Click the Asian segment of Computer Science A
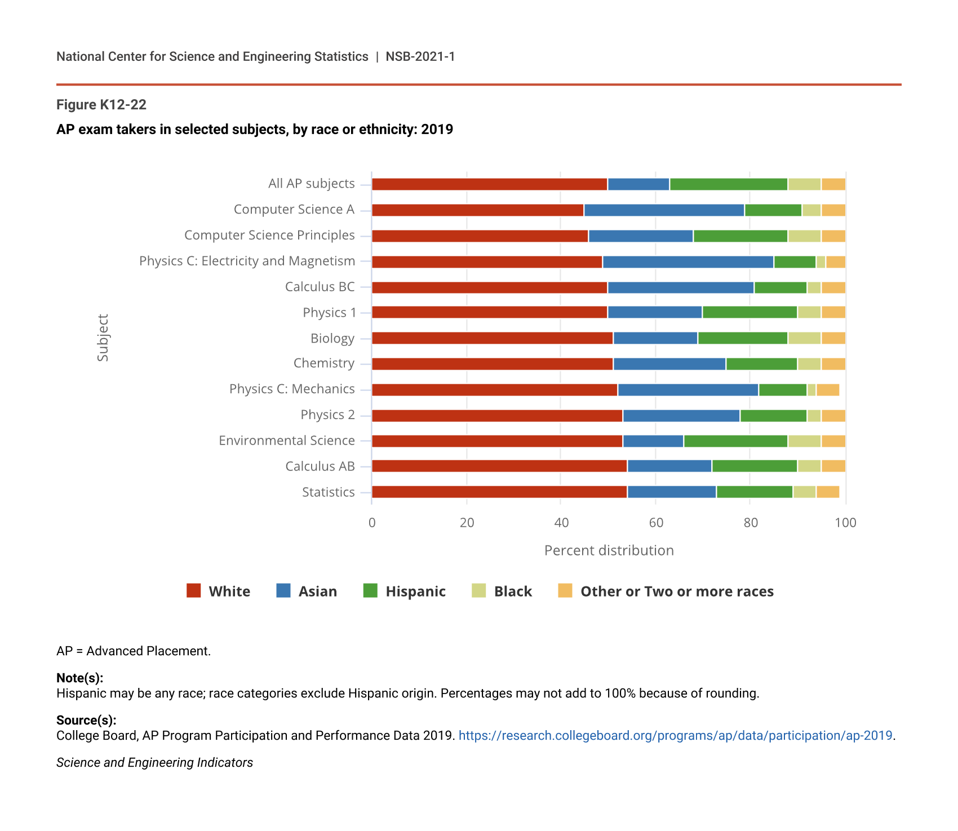tap(664, 210)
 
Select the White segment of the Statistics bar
tap(499, 492)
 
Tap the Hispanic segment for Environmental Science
tap(735, 441)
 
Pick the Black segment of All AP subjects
tap(804, 184)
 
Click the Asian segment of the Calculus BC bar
tap(681, 287)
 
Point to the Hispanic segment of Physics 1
tap(749, 312)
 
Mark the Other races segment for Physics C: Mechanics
tap(828, 389)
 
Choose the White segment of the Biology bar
tap(492, 338)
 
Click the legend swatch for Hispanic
tap(370, 591)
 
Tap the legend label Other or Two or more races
tap(677, 591)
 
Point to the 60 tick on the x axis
tap(656, 523)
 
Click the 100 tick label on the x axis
tap(845, 523)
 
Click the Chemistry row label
tap(324, 363)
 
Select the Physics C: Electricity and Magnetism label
tap(247, 261)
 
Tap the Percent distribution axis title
tap(609, 550)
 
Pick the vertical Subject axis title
tap(103, 337)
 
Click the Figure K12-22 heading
tap(101, 105)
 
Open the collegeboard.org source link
tap(675, 735)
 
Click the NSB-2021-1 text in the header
tap(420, 56)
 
